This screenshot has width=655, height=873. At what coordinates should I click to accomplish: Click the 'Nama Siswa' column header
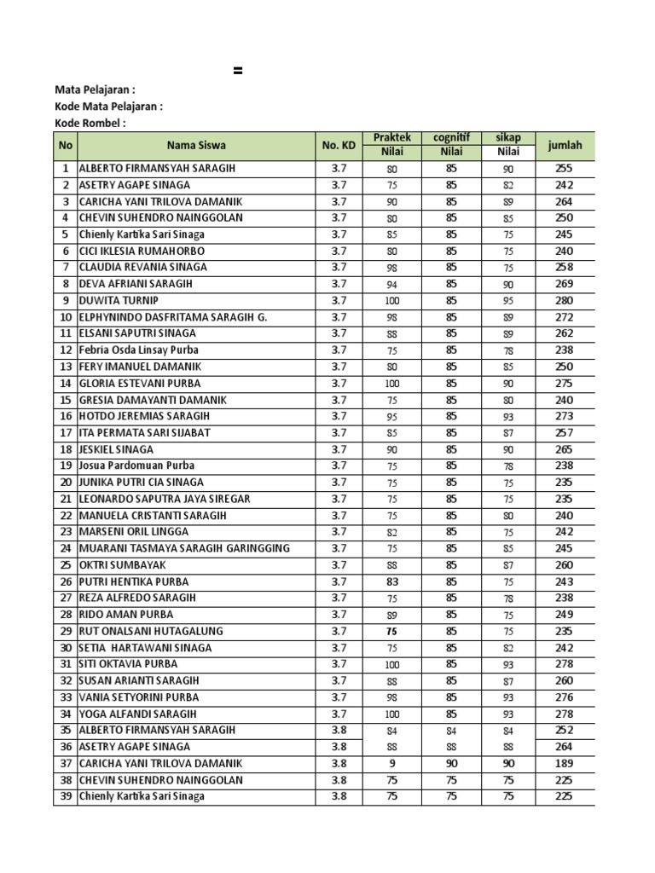pos(196,145)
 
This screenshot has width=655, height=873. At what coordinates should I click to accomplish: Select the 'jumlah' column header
pos(565,145)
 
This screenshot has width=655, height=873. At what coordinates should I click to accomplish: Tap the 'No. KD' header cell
pos(339,145)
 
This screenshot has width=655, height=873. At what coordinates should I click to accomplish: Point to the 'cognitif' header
pos(451,137)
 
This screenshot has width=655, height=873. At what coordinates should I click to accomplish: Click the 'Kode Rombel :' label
pos(90,123)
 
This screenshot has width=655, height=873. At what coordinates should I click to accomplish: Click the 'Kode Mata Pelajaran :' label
pos(108,107)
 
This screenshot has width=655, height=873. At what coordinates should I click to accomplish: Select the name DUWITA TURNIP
pos(119,300)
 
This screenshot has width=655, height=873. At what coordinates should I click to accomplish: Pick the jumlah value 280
pos(565,300)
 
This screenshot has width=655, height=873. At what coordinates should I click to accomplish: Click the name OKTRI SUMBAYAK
pos(123,564)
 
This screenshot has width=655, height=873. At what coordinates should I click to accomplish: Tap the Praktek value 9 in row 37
pos(392,763)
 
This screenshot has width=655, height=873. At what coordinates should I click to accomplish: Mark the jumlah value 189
pos(565,763)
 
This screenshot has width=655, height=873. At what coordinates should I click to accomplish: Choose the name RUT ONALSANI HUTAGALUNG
pos(151,631)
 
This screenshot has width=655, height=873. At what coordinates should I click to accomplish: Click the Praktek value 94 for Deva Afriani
pos(392,284)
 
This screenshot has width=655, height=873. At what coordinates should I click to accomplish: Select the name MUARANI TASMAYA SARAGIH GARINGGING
pos(184,548)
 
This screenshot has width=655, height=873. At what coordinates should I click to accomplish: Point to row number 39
pos(65,796)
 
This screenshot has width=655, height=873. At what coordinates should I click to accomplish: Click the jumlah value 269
pos(565,284)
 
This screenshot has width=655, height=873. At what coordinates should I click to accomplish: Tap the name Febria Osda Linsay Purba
pos(139,350)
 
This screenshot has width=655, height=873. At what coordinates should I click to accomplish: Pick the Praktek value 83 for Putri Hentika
pos(392,581)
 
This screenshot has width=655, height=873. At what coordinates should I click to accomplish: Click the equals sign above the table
pos(238,72)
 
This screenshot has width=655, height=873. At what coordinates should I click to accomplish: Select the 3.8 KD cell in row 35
pos(339,730)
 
